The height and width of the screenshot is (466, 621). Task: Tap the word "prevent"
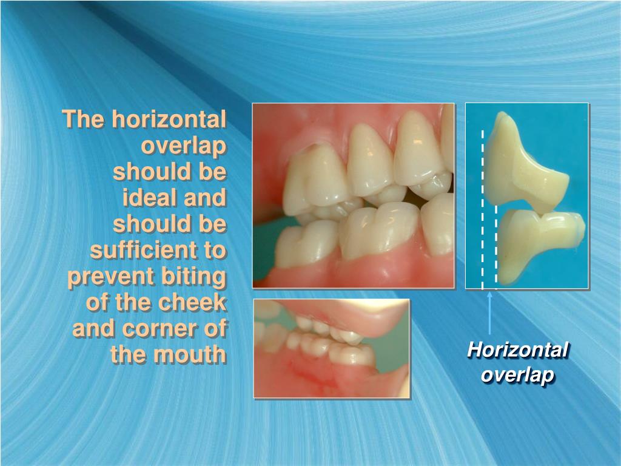[103, 277]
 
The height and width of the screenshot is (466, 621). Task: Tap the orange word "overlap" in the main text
[184, 146]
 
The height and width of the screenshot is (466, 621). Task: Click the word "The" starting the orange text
[83, 119]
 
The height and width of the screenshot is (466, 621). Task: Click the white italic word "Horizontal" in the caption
[518, 350]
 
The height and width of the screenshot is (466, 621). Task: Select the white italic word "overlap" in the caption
[518, 375]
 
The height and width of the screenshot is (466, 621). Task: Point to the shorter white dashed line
[496, 243]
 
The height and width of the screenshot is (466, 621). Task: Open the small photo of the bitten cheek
[331, 348]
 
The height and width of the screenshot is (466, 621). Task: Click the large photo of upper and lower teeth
[353, 195]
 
